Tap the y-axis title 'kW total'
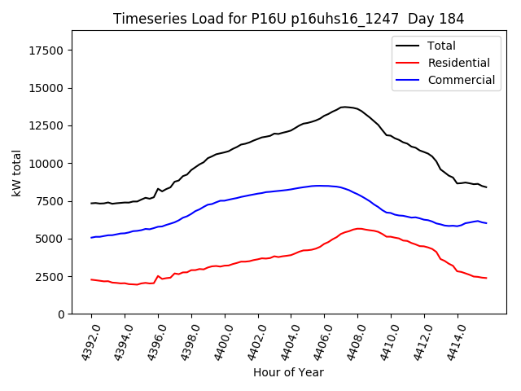click(16, 172)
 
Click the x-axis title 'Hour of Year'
click(288, 372)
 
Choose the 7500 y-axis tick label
click(51, 201)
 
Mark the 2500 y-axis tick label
click(51, 277)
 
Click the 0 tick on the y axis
click(62, 314)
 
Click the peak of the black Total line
click(345, 107)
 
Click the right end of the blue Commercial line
click(487, 223)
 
